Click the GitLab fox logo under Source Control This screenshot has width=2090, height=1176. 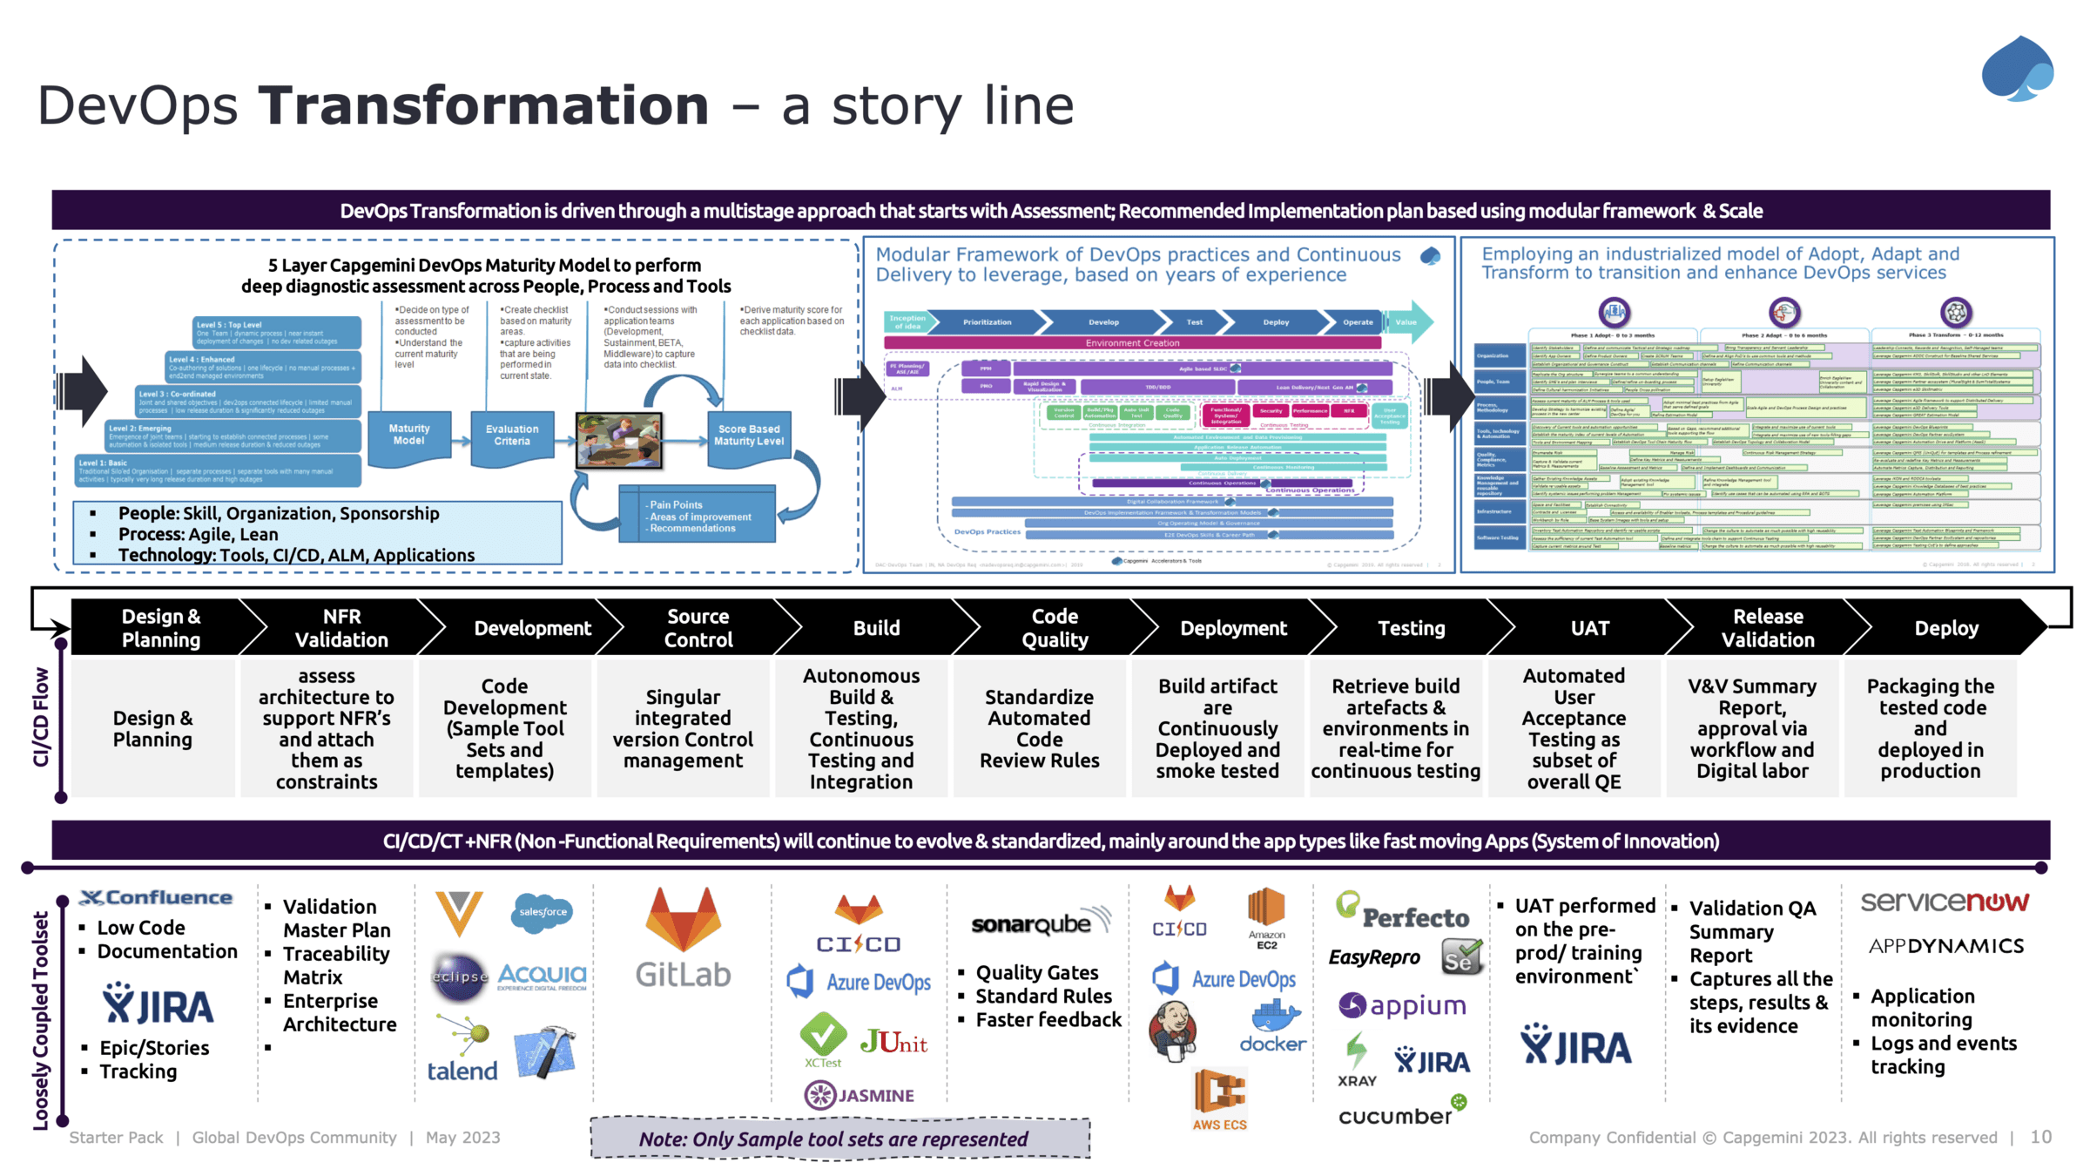point(684,920)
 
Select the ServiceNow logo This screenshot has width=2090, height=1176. point(1945,902)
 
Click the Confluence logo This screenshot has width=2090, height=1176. point(157,898)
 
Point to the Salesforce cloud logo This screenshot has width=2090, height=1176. point(542,912)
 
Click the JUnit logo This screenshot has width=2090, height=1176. point(893,1042)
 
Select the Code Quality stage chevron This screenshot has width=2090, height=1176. point(1055,628)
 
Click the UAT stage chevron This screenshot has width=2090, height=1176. point(1589,628)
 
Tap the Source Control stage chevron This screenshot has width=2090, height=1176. point(698,628)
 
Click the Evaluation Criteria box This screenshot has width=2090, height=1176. point(512,436)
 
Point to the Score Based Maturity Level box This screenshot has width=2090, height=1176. point(749,436)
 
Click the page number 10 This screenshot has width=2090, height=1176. point(2040,1137)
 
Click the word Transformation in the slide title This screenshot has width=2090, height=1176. point(483,105)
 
